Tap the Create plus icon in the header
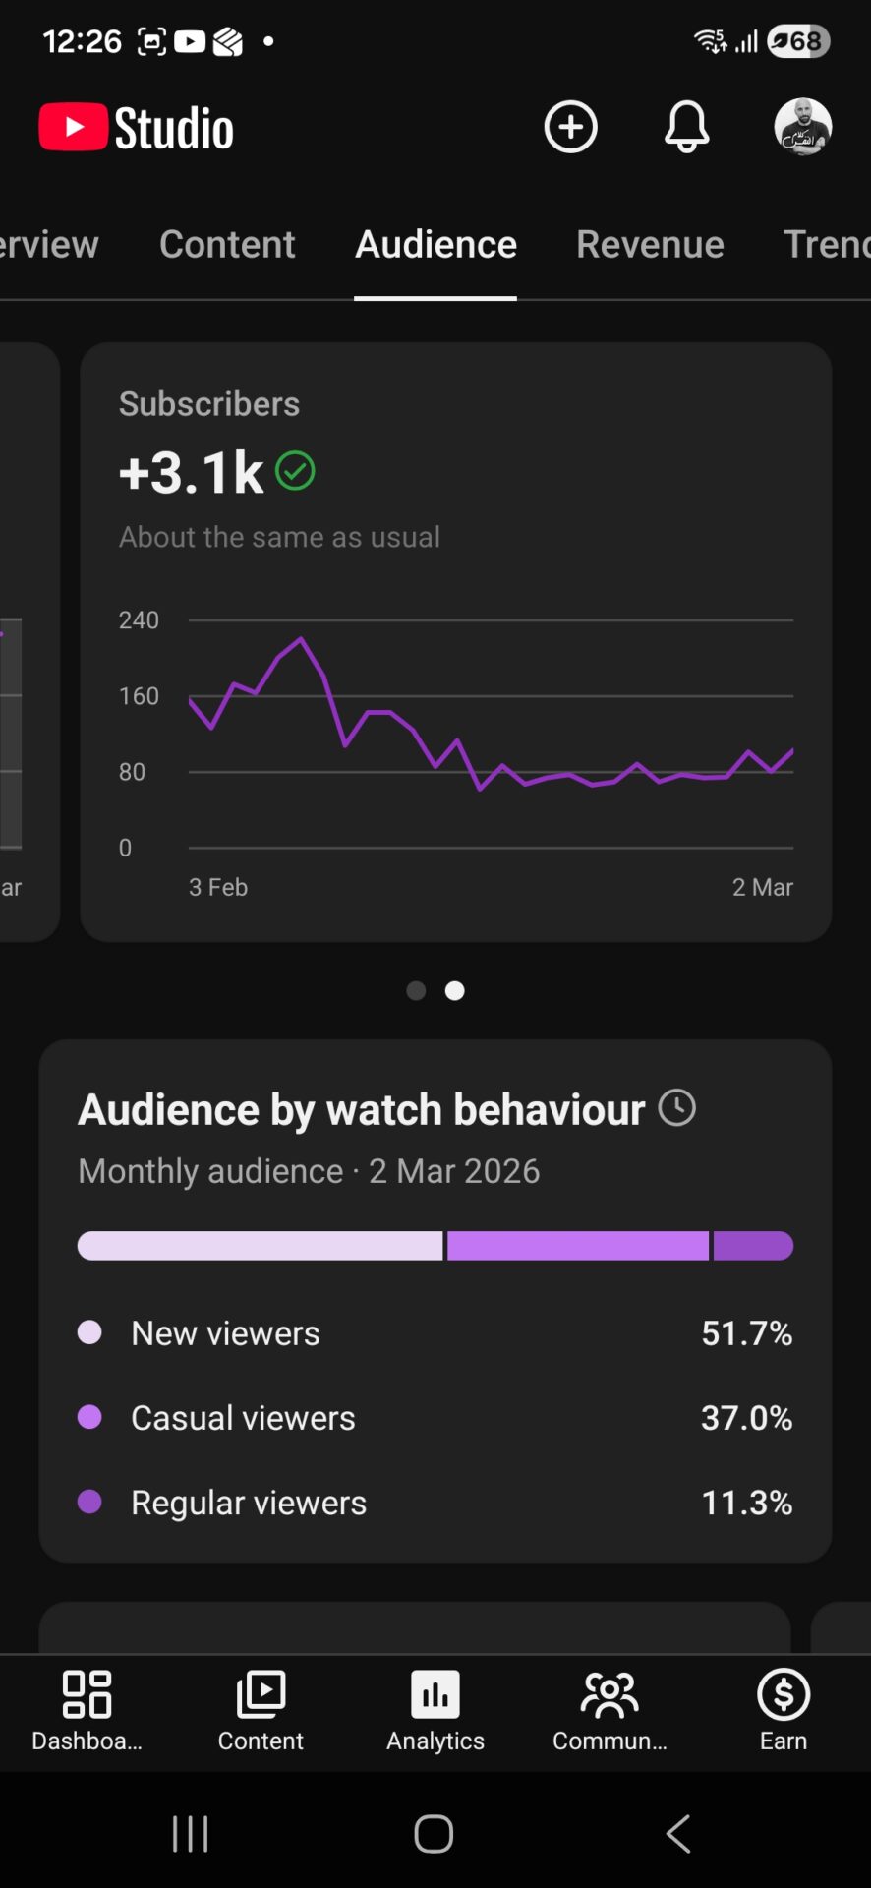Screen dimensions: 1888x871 coord(570,127)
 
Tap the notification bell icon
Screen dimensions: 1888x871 coord(686,127)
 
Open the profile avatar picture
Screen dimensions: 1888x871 coord(802,127)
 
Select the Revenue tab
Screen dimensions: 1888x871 coord(650,244)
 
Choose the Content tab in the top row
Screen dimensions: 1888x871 coord(227,244)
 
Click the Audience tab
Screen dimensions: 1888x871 coord(435,244)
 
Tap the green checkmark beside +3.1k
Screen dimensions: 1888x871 coord(295,471)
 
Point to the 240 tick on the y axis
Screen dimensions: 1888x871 coord(139,620)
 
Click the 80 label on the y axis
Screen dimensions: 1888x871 coord(132,772)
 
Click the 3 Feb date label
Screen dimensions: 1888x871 coord(218,887)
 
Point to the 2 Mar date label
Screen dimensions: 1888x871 coord(762,887)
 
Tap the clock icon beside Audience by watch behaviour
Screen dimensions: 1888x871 coord(676,1108)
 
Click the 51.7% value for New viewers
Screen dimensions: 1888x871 coord(746,1333)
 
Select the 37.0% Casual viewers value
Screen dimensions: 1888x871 coord(746,1418)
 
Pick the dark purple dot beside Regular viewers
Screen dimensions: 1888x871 coord(89,1502)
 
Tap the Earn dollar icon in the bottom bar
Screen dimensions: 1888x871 coord(784,1694)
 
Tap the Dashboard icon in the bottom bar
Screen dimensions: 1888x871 coord(87,1694)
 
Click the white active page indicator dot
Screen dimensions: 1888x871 coord(454,991)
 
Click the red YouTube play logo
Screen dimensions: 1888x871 coord(73,128)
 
